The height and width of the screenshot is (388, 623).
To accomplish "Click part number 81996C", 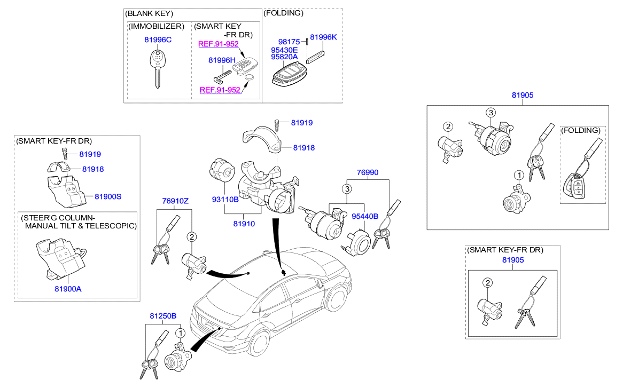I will click(158, 40).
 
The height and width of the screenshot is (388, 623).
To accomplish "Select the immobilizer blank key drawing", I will click(157, 67).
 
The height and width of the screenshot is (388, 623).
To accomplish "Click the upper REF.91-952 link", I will click(218, 44).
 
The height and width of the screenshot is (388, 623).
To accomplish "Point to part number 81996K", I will click(324, 37).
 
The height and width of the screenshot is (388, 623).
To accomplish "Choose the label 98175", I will click(290, 42).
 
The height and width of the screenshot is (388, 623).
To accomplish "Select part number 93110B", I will click(225, 200).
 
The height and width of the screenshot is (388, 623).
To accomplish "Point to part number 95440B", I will click(365, 216).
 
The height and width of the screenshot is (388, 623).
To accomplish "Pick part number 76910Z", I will click(175, 201).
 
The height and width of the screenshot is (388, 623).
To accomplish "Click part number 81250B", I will click(163, 316).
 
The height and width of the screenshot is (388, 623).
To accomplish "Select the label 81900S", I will click(108, 196).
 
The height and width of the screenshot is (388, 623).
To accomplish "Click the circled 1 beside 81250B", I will click(181, 334).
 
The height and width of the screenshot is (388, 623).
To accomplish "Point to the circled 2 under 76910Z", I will click(191, 236).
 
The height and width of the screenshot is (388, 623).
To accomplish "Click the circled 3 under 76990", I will click(347, 189).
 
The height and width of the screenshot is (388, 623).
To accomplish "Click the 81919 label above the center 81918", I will click(302, 123).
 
